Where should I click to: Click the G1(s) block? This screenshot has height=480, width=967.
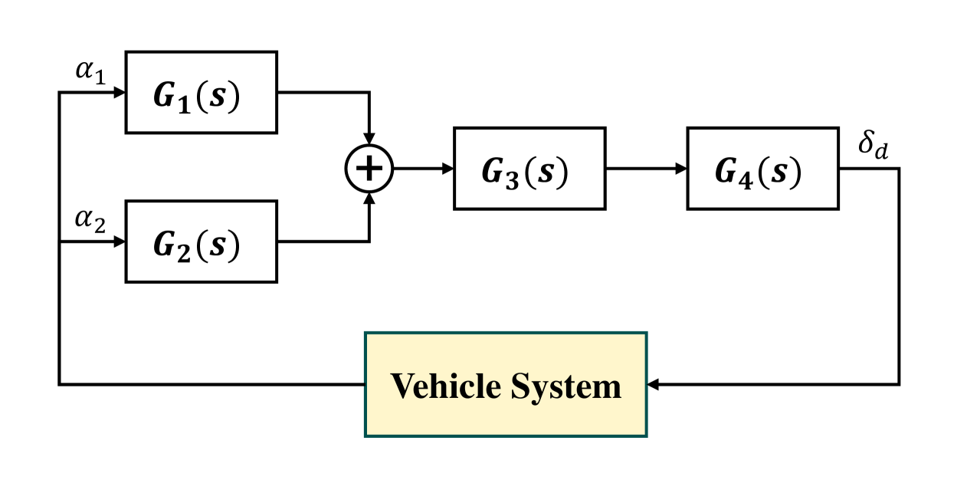[201, 92]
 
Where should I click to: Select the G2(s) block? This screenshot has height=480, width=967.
[201, 242]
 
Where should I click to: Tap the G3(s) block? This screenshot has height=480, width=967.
[529, 168]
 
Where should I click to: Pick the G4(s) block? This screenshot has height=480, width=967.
[762, 168]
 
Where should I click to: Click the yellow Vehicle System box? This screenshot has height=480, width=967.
[506, 384]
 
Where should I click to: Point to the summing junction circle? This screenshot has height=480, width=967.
[369, 168]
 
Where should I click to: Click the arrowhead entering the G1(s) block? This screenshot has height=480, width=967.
[120, 92]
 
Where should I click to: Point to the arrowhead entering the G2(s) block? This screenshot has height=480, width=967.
[120, 242]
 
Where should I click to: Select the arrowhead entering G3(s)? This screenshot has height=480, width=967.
[447, 168]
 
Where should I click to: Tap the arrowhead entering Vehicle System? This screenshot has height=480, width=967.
[654, 384]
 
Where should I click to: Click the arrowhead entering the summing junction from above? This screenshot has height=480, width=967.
[369, 138]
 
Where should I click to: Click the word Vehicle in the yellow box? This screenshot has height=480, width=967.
[445, 386]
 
